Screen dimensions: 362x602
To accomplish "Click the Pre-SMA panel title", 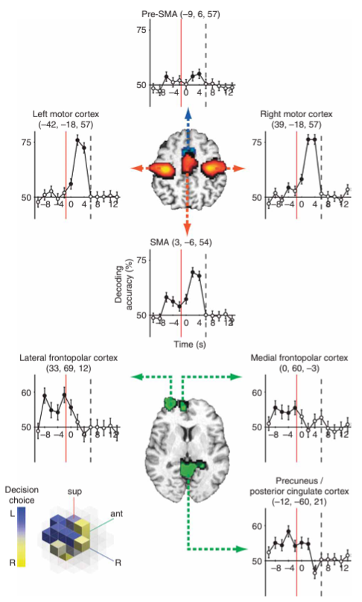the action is (x=180, y=15).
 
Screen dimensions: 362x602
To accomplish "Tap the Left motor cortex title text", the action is (x=66, y=114).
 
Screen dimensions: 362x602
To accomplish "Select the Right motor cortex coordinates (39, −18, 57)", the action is (x=296, y=125).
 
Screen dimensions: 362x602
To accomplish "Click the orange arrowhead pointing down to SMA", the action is (x=187, y=229).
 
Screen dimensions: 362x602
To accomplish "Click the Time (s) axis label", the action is (x=190, y=344).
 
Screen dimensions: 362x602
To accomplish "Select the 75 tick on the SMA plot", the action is (x=142, y=260).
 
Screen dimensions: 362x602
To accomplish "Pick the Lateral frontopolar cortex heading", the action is (x=69, y=358).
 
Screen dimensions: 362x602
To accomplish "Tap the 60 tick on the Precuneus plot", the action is (x=257, y=526).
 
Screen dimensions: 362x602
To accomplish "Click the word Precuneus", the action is (x=291, y=481).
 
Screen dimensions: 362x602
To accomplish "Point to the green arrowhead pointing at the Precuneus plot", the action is (x=241, y=549).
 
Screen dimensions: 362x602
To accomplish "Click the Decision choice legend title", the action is (x=22, y=495).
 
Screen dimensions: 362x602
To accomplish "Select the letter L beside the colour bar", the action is (x=12, y=514).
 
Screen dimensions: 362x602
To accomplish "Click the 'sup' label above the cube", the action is (x=74, y=492).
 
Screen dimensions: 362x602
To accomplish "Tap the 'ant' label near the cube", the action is (x=117, y=513).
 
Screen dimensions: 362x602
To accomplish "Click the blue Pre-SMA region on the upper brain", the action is (x=188, y=151).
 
